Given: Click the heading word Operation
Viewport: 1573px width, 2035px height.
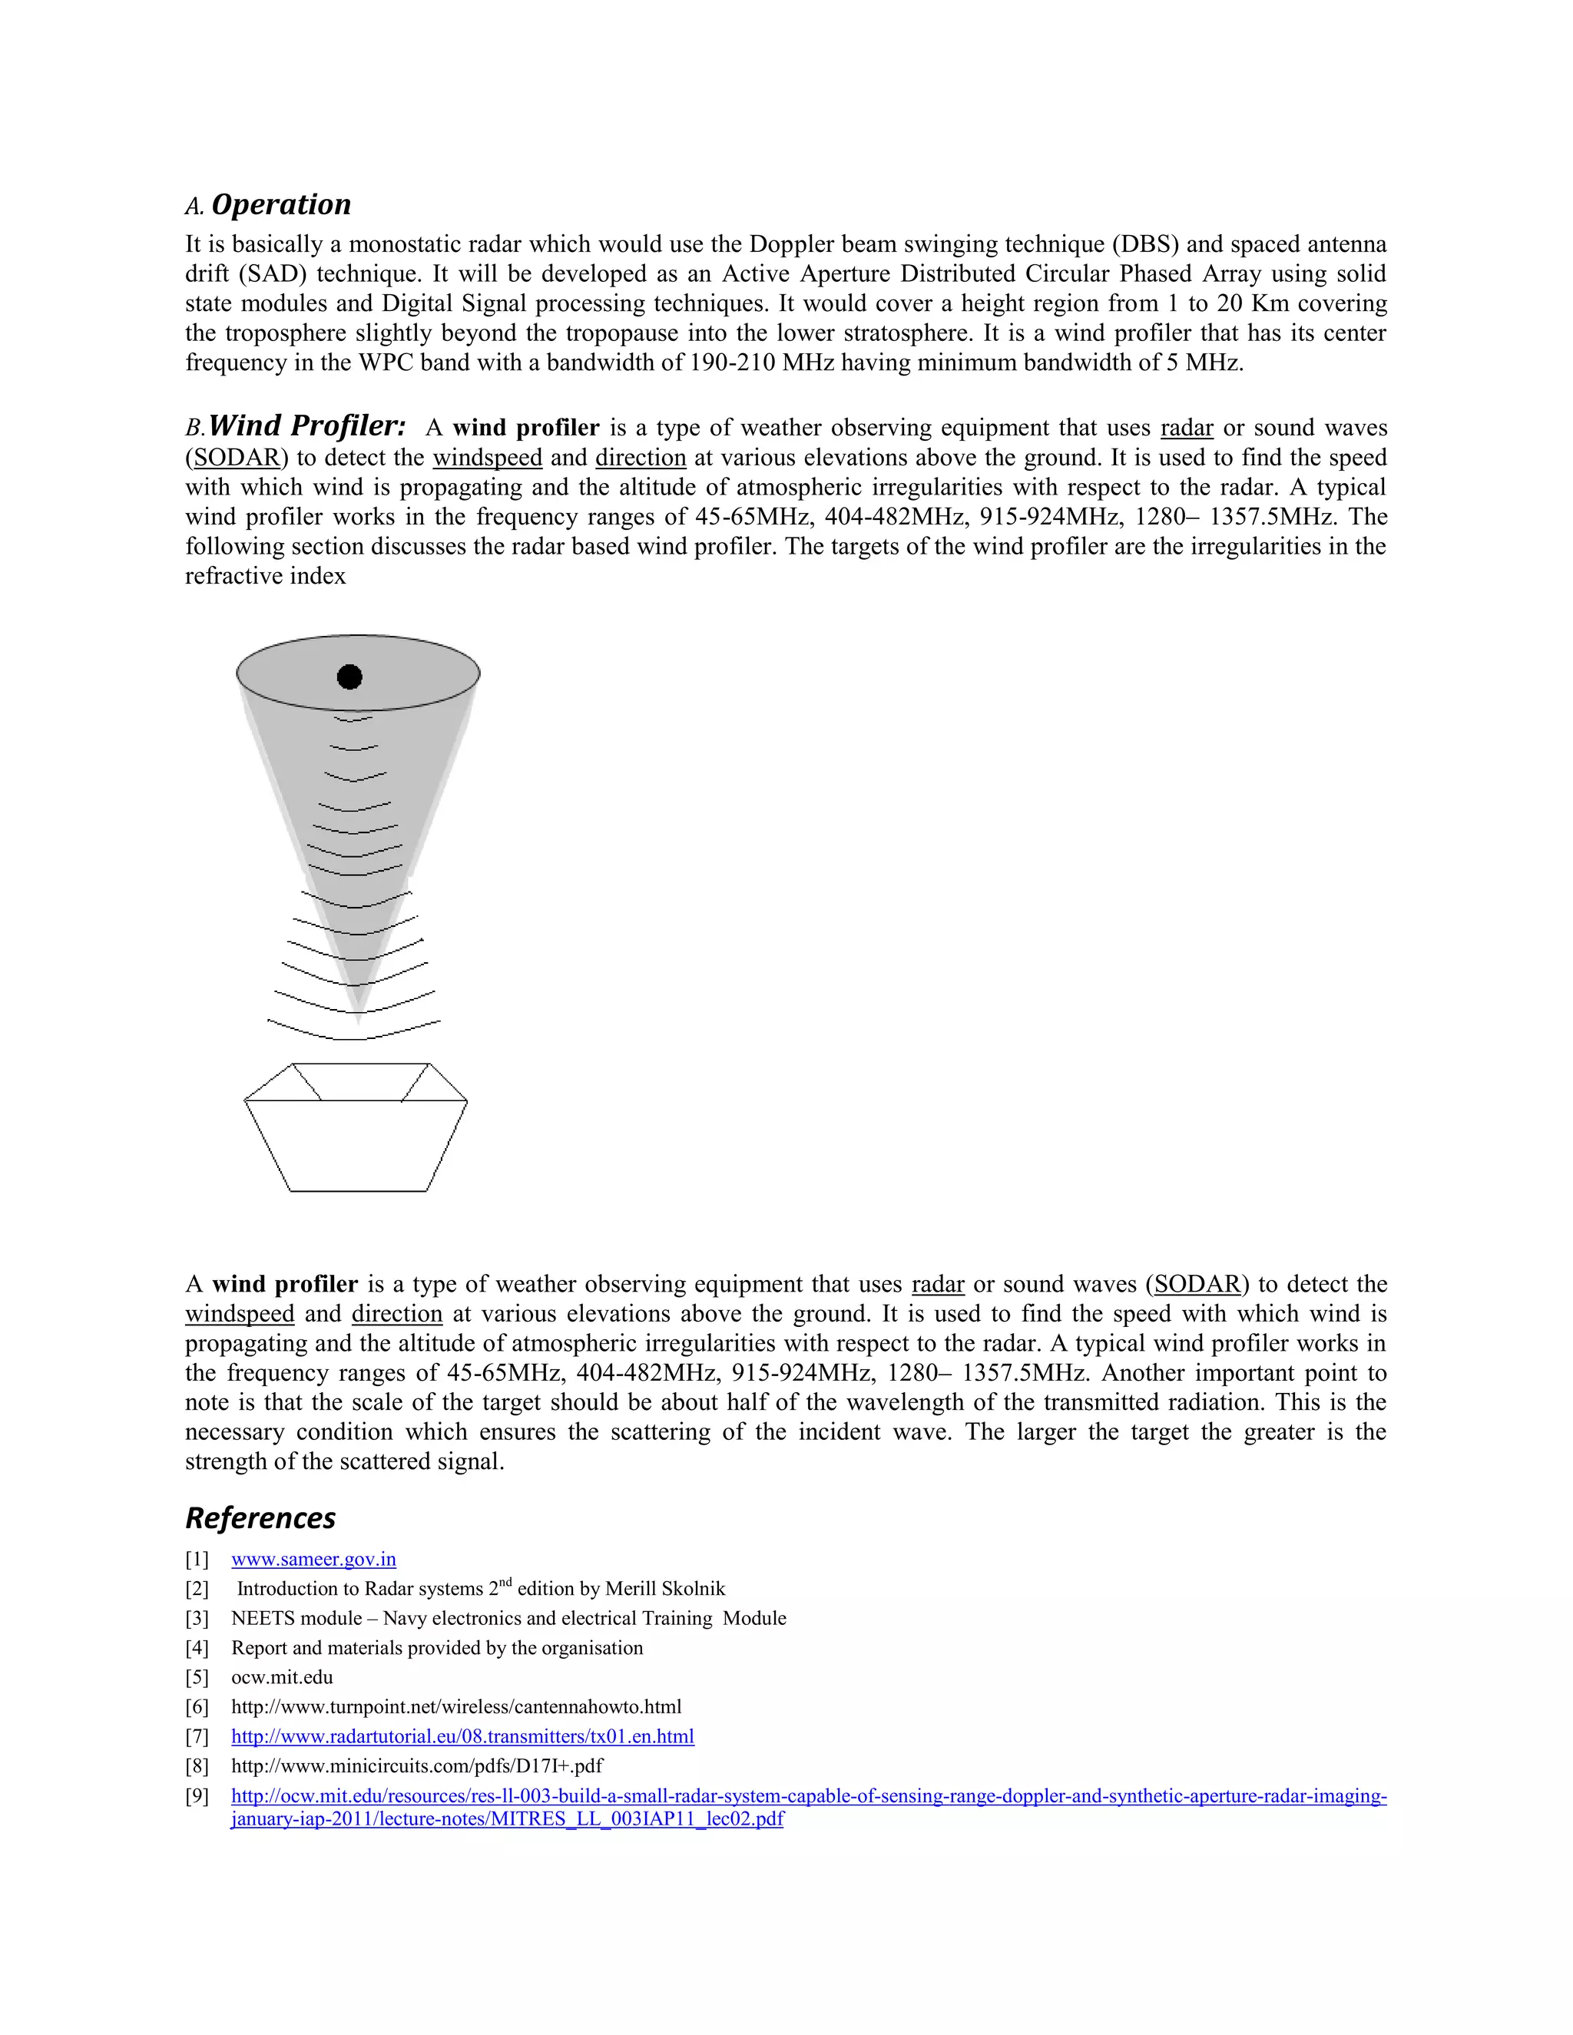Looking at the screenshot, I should click(280, 205).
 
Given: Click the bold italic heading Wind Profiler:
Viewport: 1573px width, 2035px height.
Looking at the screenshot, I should click(306, 426).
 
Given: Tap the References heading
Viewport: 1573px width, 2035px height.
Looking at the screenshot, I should click(260, 1518).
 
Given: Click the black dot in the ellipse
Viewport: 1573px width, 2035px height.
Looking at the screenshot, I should click(349, 677).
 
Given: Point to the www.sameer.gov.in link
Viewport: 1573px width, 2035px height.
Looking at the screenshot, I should click(313, 1560).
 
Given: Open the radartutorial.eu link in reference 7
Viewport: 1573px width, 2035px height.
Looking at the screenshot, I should click(462, 1737).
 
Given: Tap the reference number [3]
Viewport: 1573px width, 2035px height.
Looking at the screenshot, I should click(197, 1619).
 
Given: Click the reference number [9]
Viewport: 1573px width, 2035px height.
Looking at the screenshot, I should click(197, 1796).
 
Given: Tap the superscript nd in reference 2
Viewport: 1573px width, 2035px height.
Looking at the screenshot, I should click(506, 1583).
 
